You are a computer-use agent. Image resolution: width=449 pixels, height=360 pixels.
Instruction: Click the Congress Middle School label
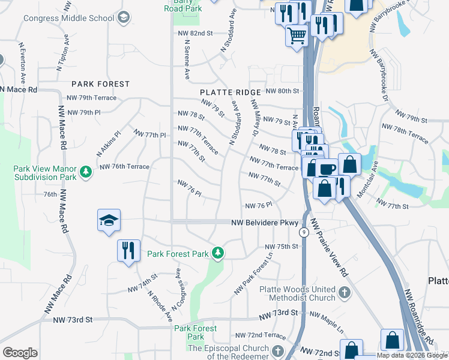68,17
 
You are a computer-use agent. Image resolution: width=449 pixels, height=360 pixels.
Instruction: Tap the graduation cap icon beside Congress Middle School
124,17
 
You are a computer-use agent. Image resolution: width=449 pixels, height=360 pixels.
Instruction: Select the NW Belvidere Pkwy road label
265,223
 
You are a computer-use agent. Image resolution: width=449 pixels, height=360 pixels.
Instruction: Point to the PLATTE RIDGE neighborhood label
231,92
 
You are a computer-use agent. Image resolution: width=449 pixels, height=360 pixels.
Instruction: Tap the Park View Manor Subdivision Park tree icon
87,172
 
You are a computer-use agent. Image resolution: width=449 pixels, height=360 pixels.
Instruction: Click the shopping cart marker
297,35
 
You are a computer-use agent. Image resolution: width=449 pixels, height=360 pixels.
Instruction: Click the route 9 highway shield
305,232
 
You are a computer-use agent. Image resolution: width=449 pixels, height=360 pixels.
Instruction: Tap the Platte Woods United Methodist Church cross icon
344,293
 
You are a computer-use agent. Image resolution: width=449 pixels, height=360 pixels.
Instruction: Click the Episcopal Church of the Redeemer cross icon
277,351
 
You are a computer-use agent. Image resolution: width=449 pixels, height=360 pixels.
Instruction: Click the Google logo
20,353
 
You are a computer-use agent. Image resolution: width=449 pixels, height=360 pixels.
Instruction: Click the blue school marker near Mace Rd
109,220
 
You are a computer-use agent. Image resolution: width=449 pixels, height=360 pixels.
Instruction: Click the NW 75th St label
282,247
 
